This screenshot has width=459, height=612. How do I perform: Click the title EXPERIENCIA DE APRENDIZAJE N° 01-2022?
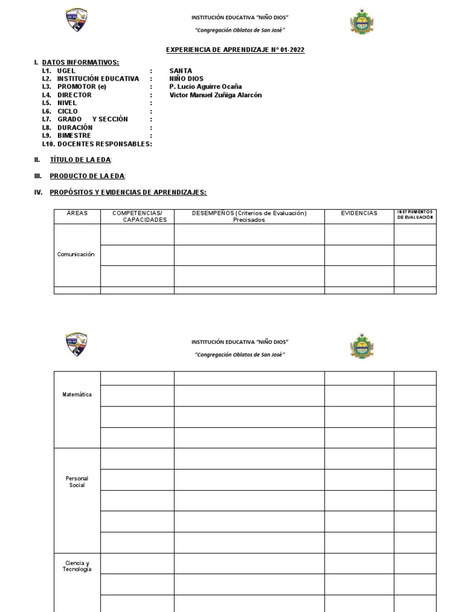click(x=234, y=50)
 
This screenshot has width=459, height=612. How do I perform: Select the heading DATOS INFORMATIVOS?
click(x=80, y=62)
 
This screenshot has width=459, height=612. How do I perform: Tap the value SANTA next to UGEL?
click(x=180, y=71)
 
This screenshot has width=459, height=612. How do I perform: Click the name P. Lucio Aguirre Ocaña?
click(x=206, y=87)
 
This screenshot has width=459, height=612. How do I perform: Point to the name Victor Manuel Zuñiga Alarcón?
click(x=216, y=95)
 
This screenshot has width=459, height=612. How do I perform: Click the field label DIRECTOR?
click(x=74, y=95)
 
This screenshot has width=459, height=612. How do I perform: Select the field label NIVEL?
click(x=67, y=103)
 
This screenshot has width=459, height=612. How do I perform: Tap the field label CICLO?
click(x=68, y=111)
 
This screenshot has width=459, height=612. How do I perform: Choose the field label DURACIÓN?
click(x=75, y=127)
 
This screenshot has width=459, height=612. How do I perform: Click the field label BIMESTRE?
click(x=74, y=136)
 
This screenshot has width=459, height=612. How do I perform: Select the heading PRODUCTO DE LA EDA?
click(x=87, y=176)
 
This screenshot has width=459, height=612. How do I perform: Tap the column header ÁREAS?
click(x=76, y=213)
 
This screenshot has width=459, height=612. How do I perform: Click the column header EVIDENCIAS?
click(x=359, y=213)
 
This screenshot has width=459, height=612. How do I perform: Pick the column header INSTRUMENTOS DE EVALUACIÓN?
click(x=415, y=215)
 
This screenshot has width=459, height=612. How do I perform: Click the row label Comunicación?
click(x=76, y=254)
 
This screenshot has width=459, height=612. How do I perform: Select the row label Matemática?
click(x=77, y=394)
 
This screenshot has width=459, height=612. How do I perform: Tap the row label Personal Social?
click(x=77, y=482)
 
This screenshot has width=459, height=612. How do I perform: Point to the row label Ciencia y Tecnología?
click(x=77, y=566)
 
